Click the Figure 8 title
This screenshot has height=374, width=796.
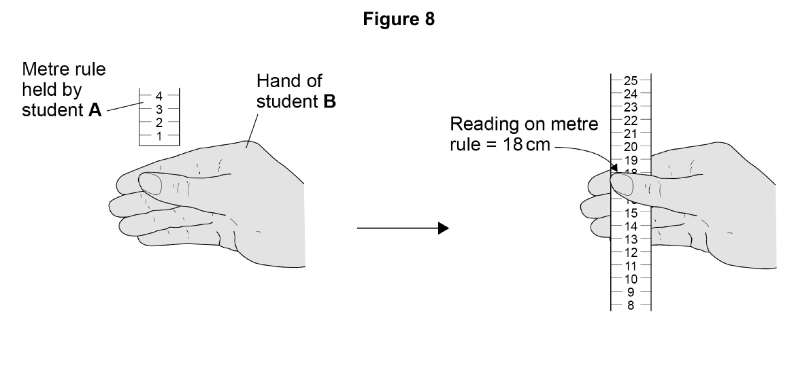(x=399, y=19)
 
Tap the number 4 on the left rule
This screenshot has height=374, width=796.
(x=159, y=95)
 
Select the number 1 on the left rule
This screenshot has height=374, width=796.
(x=159, y=136)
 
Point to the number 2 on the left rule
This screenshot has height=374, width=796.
(x=159, y=122)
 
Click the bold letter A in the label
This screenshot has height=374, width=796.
(x=95, y=110)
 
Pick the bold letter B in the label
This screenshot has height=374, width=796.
(x=329, y=101)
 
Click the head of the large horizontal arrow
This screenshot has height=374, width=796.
(x=444, y=228)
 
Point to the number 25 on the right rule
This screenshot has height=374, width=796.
(x=631, y=80)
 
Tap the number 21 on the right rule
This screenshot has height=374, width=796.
(x=631, y=133)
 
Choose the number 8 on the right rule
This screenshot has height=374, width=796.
(x=631, y=305)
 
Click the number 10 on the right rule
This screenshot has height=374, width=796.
(x=631, y=279)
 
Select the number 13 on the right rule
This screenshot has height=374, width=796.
(x=631, y=239)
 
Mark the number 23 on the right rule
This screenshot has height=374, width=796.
(x=631, y=107)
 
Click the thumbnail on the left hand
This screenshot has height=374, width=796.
(x=150, y=184)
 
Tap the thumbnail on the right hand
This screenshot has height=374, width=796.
(x=622, y=184)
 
